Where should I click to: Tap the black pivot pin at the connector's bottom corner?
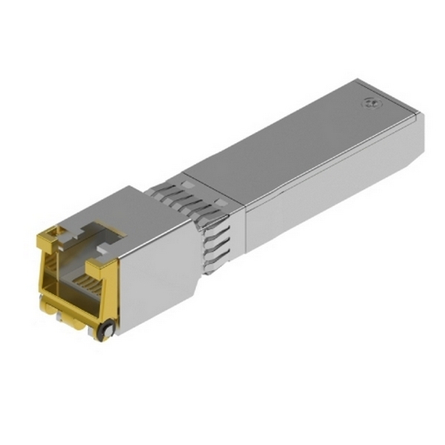104,331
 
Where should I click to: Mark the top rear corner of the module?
358,80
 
